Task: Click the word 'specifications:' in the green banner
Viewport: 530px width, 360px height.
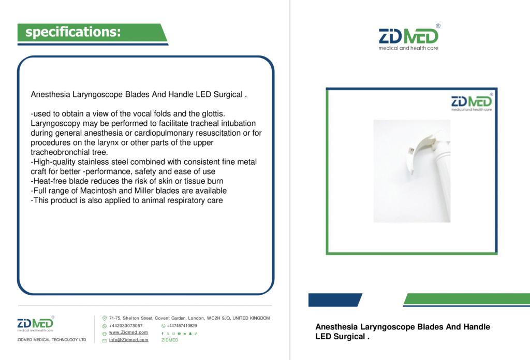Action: [73, 32]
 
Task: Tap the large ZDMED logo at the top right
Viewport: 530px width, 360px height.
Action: [409, 37]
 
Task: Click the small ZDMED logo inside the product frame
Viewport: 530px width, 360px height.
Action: [472, 102]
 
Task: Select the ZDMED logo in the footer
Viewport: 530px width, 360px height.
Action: [36, 324]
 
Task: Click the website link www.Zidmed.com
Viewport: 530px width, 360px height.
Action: [128, 333]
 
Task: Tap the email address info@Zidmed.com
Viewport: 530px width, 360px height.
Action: [128, 340]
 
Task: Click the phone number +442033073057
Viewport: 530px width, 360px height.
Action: [126, 326]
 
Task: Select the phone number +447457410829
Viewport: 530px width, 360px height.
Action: [182, 326]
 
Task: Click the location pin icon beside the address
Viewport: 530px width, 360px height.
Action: [105, 319]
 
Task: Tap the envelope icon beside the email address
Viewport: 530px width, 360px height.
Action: [105, 340]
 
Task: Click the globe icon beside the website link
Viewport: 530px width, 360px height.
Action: [105, 334]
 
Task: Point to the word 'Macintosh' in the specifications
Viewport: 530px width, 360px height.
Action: [98, 191]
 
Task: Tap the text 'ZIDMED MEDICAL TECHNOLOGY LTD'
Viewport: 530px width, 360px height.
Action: [52, 340]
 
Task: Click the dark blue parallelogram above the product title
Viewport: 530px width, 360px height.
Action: [335, 300]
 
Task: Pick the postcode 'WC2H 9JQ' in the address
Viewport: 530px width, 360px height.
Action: [218, 318]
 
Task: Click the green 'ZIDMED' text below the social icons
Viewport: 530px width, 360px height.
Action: [170, 340]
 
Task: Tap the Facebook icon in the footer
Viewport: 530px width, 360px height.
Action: [163, 334]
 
